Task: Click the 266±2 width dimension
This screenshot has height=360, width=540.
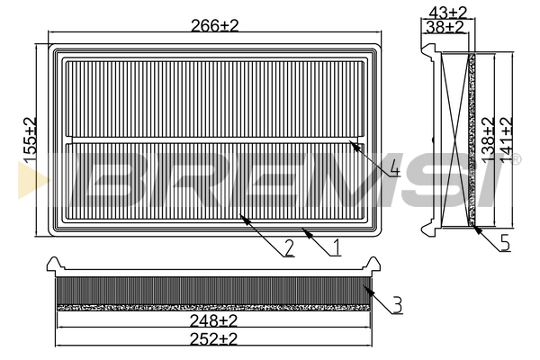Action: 214,25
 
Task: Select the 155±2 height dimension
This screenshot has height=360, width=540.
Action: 30,139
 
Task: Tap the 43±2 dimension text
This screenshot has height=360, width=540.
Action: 447,13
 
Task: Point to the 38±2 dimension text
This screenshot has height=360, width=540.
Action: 445,27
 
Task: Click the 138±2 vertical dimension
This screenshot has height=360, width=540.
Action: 488,139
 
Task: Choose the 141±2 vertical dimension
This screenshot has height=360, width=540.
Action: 506,139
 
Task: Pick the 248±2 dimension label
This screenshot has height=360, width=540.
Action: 213,321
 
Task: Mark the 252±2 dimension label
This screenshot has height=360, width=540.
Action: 213,339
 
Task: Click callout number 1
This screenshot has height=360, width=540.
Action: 337,247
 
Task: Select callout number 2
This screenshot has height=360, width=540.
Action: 289,248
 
